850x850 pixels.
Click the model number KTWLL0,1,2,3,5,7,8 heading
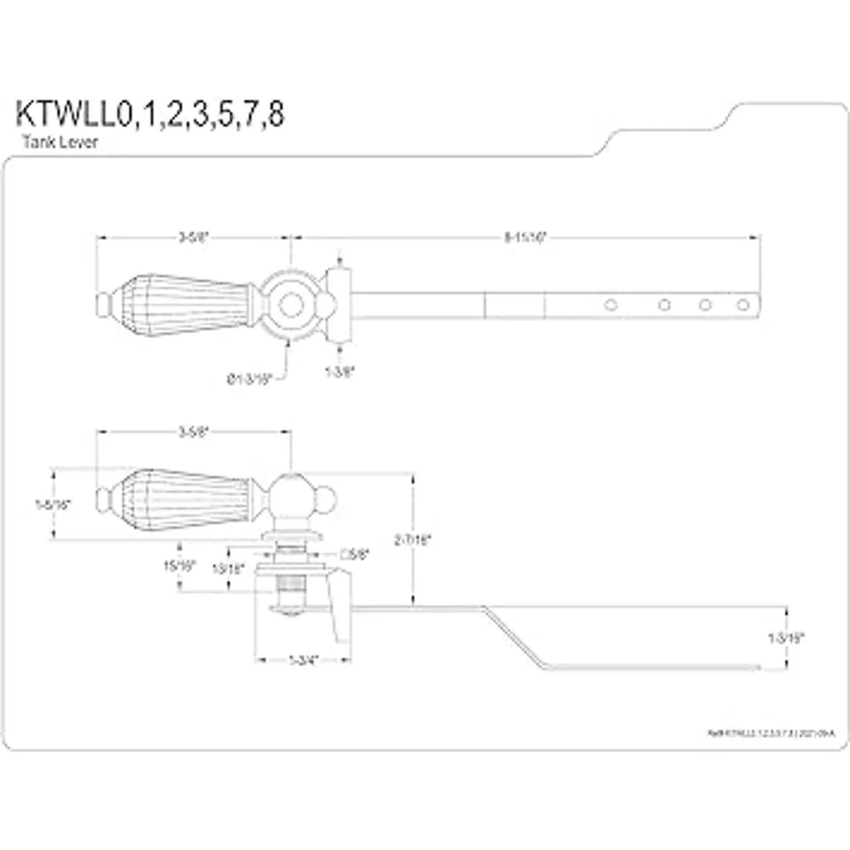coord(150,115)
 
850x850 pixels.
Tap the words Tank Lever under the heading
coord(60,142)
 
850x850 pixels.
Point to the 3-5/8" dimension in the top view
coord(193,238)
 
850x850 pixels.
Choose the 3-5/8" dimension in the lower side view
coord(193,431)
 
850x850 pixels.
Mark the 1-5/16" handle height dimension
coord(54,504)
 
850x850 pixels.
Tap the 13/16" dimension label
coord(228,567)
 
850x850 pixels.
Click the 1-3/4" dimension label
coord(302,659)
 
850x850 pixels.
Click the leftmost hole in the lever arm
coord(609,305)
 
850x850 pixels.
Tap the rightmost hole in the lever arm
coord(742,305)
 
